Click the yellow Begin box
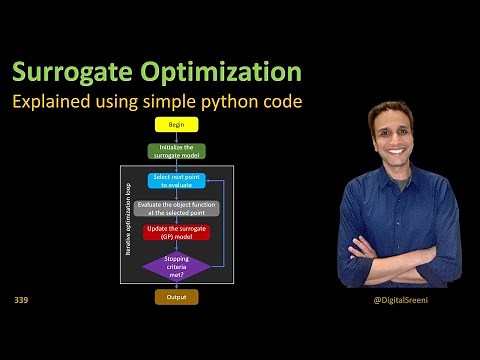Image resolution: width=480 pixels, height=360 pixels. click(x=176, y=126)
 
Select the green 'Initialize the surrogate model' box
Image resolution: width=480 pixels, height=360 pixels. click(x=176, y=152)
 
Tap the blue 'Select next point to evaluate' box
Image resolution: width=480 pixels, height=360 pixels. click(x=176, y=181)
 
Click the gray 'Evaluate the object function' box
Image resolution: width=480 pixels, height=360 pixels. click(x=176, y=208)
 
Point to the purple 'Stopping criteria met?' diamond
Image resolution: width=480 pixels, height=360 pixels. click(x=176, y=265)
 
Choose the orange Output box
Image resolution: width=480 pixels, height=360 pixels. click(x=176, y=297)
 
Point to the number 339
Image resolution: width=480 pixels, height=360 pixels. click(x=22, y=300)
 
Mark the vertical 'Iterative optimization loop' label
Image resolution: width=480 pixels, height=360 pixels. click(x=127, y=223)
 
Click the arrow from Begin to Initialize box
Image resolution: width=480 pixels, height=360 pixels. click(x=176, y=138)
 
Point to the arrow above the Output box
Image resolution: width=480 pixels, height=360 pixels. click(x=176, y=285)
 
